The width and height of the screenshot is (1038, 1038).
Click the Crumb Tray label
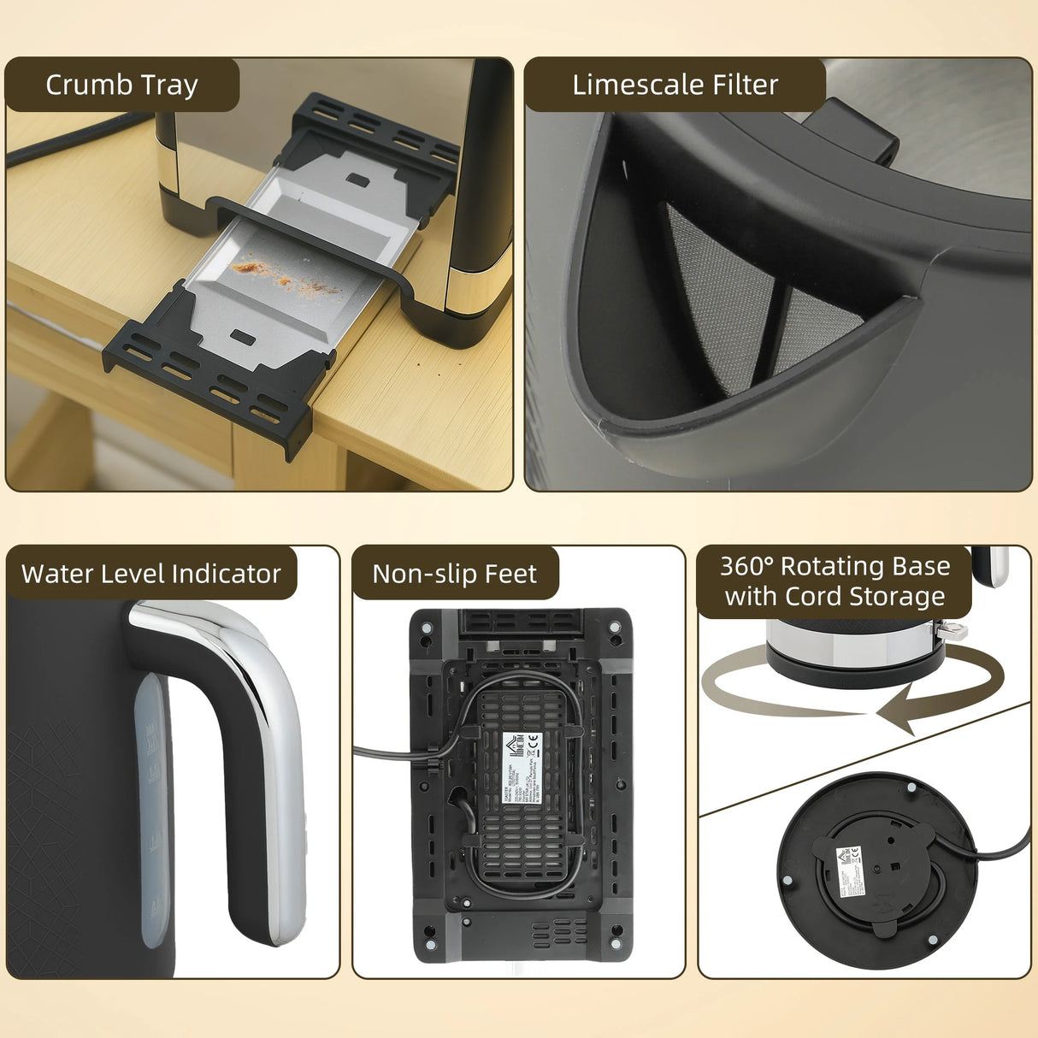point(121,85)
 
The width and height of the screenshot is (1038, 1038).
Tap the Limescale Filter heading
point(675,85)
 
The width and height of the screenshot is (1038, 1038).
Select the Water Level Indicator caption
point(151,573)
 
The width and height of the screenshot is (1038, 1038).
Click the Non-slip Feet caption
point(454,574)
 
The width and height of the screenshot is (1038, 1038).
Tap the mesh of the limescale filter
point(727,291)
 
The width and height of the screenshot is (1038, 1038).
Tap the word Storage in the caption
point(903,596)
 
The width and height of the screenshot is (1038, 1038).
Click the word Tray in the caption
point(170,85)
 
